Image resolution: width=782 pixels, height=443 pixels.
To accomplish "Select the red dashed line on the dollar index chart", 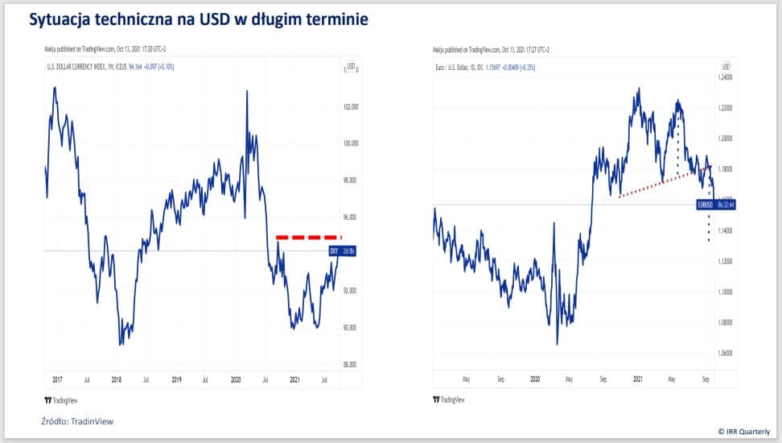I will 308,238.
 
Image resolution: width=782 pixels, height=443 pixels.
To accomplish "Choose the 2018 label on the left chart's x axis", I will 117,379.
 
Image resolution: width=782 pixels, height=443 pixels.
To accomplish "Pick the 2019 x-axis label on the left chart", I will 175,379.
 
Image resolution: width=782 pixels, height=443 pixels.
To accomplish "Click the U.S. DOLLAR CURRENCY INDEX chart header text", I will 80,66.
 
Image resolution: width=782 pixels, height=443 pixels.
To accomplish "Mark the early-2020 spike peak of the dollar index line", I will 246,92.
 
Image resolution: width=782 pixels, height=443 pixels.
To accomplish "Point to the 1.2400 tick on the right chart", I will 726,77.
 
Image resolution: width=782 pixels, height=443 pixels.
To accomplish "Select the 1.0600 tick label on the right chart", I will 726,353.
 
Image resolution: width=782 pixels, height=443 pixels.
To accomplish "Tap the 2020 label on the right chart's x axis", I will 534,379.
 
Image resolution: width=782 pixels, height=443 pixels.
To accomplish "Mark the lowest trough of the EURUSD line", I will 558,344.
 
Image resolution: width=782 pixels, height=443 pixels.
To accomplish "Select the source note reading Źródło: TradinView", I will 76,420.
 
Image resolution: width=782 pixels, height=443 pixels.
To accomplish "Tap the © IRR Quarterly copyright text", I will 746,432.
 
